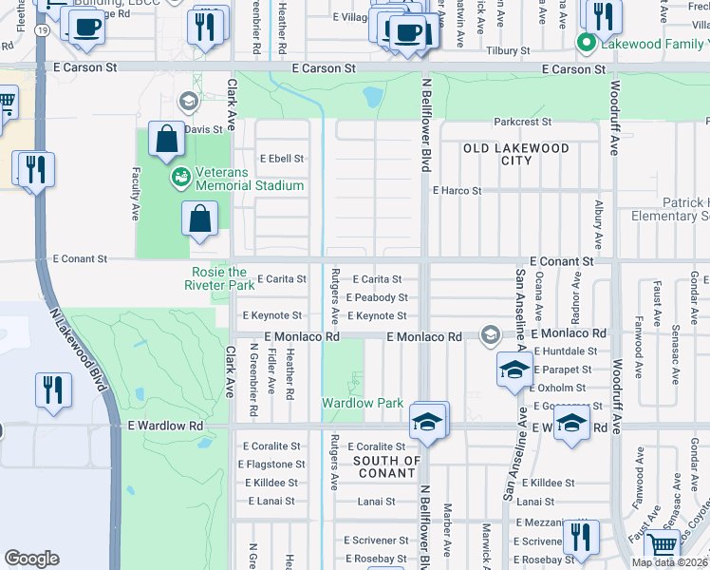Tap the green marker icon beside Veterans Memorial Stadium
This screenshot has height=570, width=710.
[x=179, y=178]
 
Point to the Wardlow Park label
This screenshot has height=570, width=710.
[x=362, y=403]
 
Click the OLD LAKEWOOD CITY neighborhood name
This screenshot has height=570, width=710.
[x=515, y=155]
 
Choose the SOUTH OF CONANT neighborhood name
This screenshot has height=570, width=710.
[x=385, y=467]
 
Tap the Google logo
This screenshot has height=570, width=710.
[x=31, y=559]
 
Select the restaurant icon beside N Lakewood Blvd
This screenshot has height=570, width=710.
[x=53, y=389]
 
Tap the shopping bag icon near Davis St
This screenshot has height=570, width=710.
[x=167, y=140]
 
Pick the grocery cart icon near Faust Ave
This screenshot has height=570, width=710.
[x=661, y=545]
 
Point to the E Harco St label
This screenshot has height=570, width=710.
[x=457, y=191]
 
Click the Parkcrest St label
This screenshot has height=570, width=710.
[x=521, y=122]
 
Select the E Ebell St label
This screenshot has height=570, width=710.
[x=284, y=159]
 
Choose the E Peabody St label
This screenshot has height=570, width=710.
[x=376, y=297]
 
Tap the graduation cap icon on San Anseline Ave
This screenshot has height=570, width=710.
[x=514, y=370]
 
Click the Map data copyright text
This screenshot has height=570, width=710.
[x=669, y=562]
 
